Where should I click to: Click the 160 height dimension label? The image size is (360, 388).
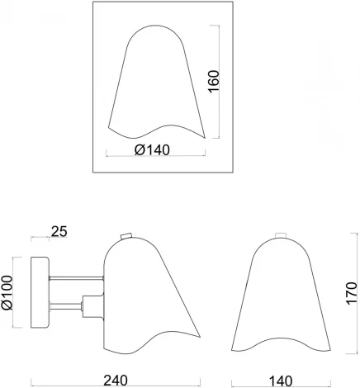(215, 82)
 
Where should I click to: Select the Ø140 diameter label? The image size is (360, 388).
(152, 150)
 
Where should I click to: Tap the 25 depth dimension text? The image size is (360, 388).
(59, 232)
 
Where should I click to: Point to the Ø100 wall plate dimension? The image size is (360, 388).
(7, 292)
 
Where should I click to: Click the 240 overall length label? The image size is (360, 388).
(116, 381)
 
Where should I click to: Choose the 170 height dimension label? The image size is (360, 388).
(352, 293)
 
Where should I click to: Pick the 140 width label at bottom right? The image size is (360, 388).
(281, 381)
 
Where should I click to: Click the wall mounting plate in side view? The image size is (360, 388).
(40, 292)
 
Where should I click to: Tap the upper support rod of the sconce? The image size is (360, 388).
(76, 278)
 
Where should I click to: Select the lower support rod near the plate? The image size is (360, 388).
(66, 306)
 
